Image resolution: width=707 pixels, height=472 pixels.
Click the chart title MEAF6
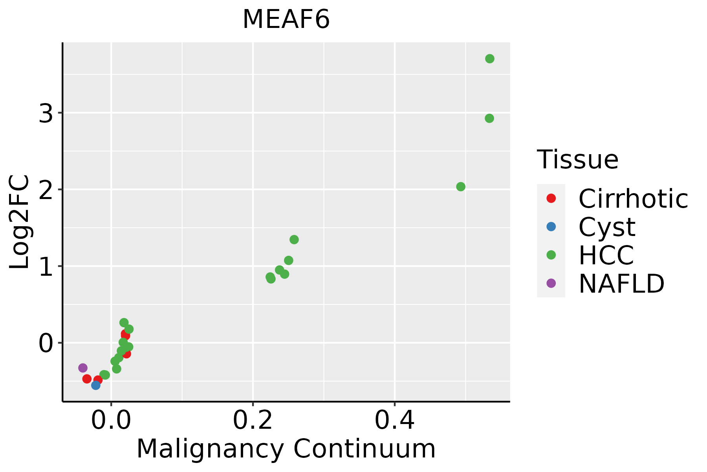(286, 20)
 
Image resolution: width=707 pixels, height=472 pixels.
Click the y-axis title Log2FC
(20, 222)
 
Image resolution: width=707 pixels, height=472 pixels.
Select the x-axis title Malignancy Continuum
(286, 449)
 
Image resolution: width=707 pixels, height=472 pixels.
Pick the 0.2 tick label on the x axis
(253, 421)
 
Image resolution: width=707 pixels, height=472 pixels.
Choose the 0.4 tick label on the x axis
(394, 421)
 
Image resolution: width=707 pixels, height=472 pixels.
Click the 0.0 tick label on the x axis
(111, 421)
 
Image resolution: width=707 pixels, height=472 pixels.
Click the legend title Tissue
(577, 160)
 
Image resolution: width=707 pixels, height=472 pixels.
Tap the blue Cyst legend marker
(551, 227)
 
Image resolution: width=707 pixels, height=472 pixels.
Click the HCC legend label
(606, 255)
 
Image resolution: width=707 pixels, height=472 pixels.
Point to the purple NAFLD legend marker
(551, 283)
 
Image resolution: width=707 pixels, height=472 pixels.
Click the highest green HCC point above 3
(489, 59)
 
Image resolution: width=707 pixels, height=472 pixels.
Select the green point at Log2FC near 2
(461, 186)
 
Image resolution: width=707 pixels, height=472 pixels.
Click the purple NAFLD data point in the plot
(82, 368)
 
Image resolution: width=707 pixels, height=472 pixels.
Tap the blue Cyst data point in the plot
(95, 385)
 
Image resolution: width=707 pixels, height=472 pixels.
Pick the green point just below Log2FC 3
(489, 118)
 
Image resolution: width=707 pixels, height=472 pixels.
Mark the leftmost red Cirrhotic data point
(87, 379)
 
